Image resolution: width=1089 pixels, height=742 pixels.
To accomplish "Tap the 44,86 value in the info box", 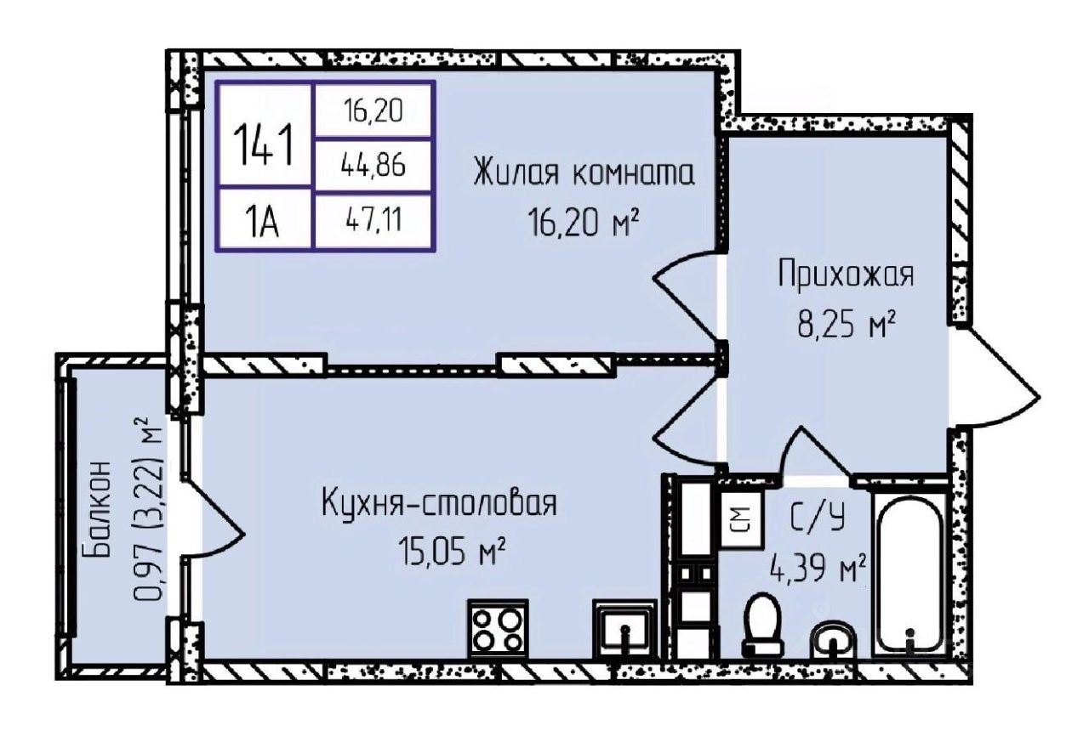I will (373, 166).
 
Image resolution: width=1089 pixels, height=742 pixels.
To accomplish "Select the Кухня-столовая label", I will (439, 503).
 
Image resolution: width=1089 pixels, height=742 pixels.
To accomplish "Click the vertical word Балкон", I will (99, 509).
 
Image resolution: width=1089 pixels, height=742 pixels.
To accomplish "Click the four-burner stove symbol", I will (497, 628).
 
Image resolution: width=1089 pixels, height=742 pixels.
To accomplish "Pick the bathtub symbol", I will (909, 575).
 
